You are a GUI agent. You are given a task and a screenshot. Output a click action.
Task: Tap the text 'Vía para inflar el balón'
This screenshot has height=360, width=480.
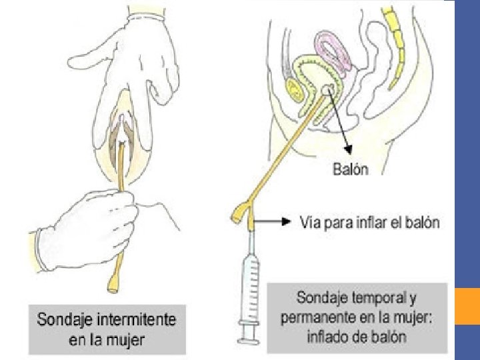point(370,222)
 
